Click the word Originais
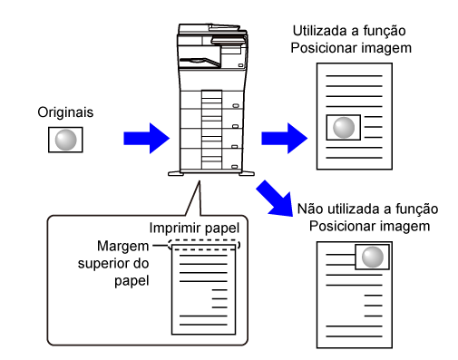coord(65,112)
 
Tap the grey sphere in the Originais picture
coord(65,140)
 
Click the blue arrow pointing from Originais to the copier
coord(147,139)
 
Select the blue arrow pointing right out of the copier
coord(285,139)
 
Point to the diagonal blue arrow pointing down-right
coord(275,199)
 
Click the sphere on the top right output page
coord(344,128)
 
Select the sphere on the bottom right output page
coord(373,257)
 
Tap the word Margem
coord(122,247)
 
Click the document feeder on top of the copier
coord(212,30)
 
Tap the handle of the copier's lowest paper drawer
coord(235,167)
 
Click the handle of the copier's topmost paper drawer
coord(236,106)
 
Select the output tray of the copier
coord(200,62)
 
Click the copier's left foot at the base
coord(176,174)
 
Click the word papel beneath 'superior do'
coord(132,281)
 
